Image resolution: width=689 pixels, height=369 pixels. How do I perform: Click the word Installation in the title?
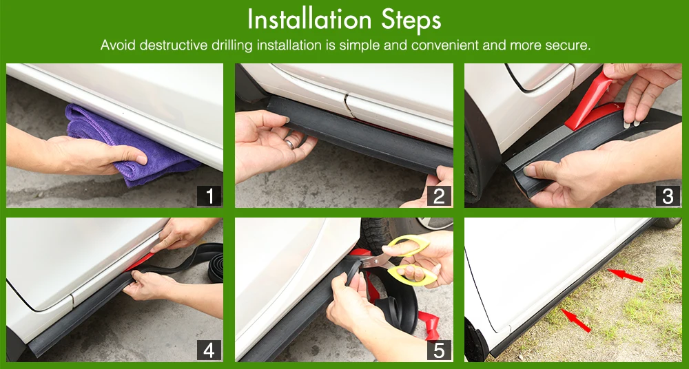coord(309,20)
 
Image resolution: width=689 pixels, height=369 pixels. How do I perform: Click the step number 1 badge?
coord(209,196)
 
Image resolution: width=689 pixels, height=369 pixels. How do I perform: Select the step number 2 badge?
coord(439,196)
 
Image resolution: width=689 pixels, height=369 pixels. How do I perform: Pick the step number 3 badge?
coord(668,196)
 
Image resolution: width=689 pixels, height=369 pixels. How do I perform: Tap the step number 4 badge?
coord(209,350)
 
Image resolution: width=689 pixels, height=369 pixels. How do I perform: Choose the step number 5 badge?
coord(439,350)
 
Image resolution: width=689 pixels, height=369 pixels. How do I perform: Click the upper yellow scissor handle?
coord(408,245)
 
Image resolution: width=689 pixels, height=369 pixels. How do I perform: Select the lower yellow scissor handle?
coord(412,275)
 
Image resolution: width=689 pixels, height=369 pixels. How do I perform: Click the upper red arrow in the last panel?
coord(625,275)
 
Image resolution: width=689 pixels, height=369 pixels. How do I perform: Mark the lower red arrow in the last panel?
coord(576,320)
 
